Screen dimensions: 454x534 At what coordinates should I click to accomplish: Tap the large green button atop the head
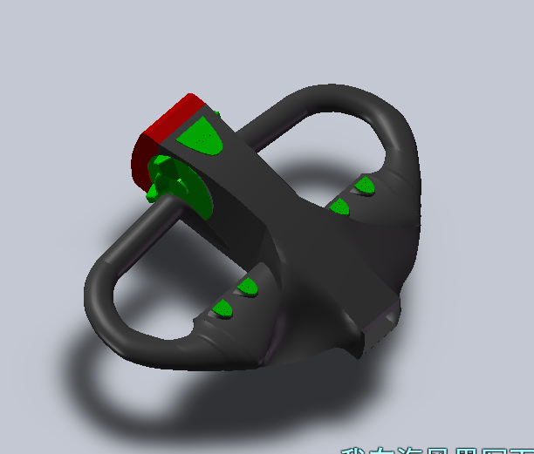tap(202, 135)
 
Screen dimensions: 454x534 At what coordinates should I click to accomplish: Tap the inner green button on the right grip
tap(339, 206)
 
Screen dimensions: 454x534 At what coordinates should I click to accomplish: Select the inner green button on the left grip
tap(248, 286)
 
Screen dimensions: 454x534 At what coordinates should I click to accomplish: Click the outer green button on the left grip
tap(223, 308)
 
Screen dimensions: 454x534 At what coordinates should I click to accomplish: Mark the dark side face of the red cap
tap(140, 161)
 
